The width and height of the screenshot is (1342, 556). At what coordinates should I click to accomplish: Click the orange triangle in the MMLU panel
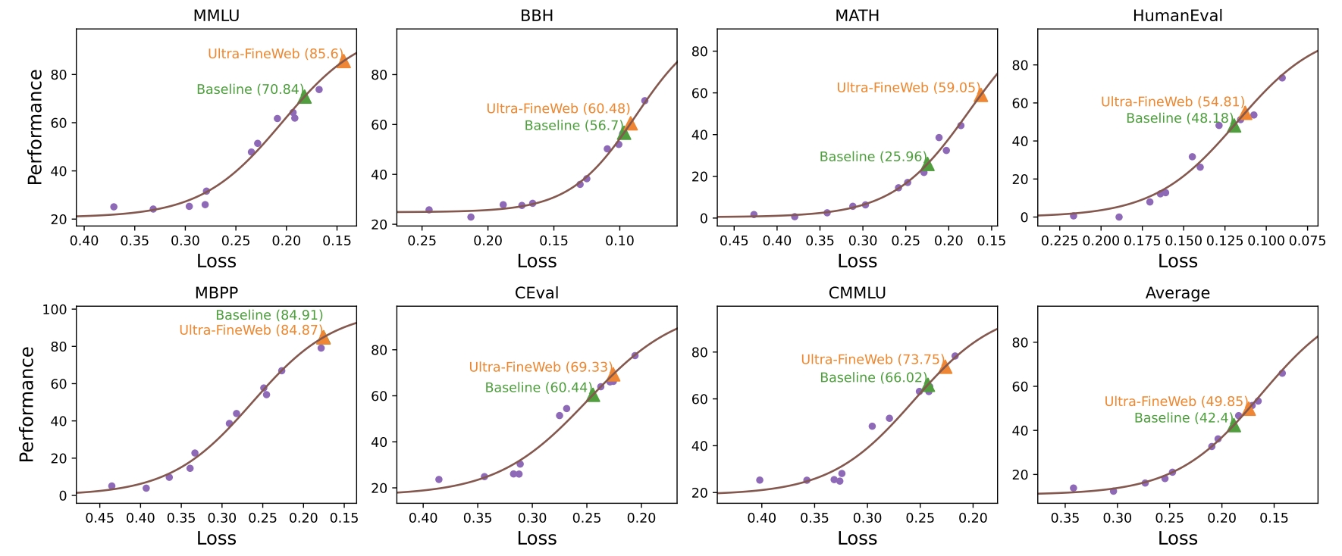[343, 61]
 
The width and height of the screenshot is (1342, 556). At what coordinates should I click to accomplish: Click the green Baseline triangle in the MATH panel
[927, 164]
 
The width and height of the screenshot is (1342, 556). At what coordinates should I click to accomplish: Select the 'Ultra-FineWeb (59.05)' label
[908, 88]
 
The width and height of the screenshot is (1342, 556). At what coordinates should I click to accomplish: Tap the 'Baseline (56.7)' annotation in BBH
[573, 126]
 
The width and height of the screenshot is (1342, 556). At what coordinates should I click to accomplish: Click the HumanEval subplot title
[1177, 16]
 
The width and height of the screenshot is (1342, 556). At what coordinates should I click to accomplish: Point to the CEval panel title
[536, 293]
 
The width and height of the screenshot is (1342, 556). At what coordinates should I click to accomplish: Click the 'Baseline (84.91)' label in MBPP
[269, 315]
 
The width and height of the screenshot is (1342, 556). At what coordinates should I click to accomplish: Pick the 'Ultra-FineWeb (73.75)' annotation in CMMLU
[872, 360]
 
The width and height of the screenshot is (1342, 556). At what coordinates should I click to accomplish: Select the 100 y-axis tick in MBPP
[55, 310]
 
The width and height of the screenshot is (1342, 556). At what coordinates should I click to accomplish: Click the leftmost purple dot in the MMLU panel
[114, 207]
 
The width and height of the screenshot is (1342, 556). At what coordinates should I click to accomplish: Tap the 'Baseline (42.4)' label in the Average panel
[1183, 418]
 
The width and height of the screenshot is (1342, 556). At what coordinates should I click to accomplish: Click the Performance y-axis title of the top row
[35, 127]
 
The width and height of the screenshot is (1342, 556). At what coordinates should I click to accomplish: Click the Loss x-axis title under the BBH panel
[536, 261]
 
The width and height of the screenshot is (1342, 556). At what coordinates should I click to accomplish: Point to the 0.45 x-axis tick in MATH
[733, 241]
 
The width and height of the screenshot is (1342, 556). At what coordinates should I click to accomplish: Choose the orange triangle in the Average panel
[1249, 409]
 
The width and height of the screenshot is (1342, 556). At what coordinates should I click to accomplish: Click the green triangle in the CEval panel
[593, 395]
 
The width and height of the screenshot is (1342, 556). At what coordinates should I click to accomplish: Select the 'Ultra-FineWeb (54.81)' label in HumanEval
[1172, 102]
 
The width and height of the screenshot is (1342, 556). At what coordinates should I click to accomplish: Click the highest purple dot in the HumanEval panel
[1282, 78]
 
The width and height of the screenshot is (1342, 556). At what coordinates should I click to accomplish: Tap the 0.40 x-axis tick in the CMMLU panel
[761, 518]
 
